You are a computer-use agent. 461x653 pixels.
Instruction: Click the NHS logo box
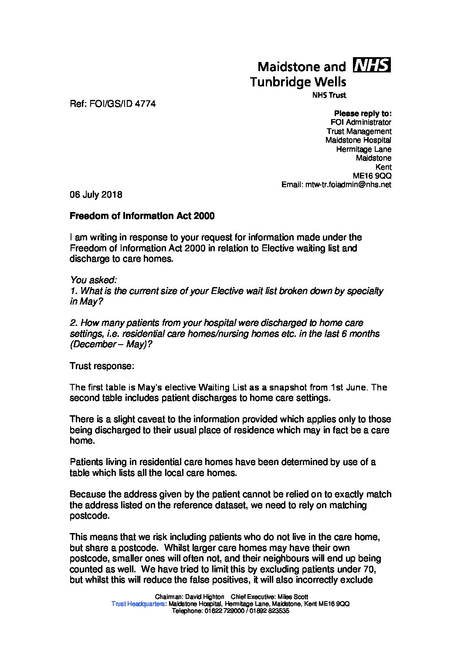(371, 65)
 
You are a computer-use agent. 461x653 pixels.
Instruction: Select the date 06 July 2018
(96, 195)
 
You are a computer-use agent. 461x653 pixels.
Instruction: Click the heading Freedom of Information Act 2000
(142, 216)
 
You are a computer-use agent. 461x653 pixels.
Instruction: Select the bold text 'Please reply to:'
(363, 113)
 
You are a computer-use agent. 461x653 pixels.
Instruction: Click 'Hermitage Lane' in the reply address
(363, 149)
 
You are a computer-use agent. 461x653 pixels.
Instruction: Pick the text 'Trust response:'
(102, 366)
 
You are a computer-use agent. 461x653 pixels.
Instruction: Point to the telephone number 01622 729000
(224, 611)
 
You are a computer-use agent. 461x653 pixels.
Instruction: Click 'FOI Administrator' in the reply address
(361, 123)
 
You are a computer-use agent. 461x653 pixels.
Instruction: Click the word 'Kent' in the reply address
(383, 167)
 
